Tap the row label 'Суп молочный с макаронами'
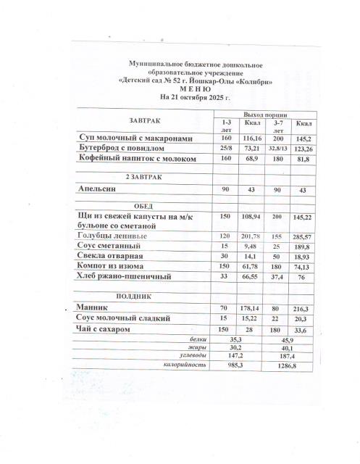pyautogui.click(x=137, y=138)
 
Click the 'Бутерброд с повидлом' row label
pyautogui.click(x=126, y=148)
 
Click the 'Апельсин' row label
pyautogui.click(x=100, y=188)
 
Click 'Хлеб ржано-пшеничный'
pyautogui.click(x=128, y=276)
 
